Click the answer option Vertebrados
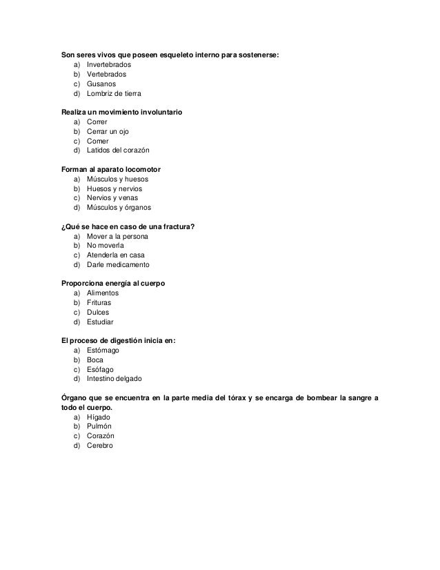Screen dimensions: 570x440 coord(106,73)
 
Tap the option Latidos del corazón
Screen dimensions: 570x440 coord(117,150)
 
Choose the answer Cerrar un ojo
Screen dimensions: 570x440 coord(108,131)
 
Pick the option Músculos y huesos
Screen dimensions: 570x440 coord(117,179)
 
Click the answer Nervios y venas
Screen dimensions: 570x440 coord(112,198)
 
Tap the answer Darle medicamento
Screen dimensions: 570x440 coord(117,265)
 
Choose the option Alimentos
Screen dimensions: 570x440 coord(103,293)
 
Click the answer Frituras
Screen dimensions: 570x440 coord(99,303)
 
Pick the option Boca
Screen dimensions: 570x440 coord(94,360)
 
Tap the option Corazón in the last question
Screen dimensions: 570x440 coord(101,437)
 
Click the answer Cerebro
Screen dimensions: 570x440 coord(100,446)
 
